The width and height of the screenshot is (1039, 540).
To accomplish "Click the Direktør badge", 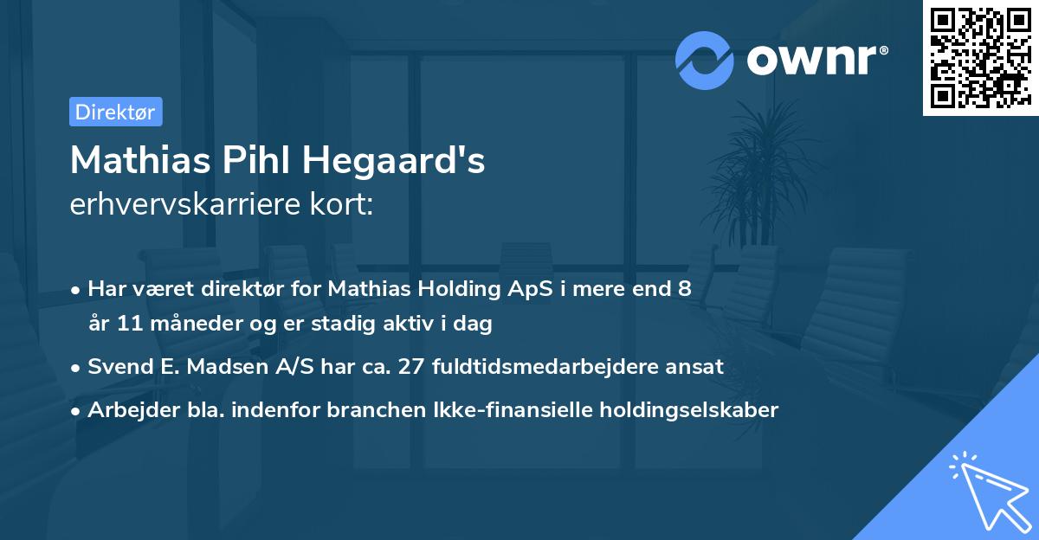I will click(115, 112).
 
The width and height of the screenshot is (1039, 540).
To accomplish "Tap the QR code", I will click(981, 57).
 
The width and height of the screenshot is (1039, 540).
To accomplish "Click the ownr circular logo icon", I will click(705, 61).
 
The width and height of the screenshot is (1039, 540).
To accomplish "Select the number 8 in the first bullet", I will click(685, 289).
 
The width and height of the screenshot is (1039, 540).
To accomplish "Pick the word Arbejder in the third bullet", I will click(126, 409).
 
